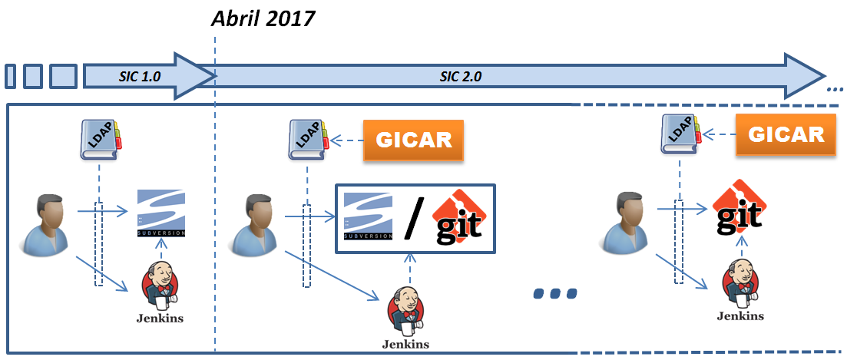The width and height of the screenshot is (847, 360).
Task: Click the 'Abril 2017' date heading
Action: (x=263, y=18)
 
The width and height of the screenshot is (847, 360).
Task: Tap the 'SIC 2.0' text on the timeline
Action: (x=460, y=77)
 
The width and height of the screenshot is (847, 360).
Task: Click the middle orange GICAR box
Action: (x=414, y=140)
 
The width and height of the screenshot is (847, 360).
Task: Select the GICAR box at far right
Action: (x=786, y=134)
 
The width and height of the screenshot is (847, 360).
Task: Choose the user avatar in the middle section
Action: (x=254, y=225)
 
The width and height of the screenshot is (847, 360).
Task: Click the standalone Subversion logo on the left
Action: (x=161, y=213)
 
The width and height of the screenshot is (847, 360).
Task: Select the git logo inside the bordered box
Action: (x=458, y=219)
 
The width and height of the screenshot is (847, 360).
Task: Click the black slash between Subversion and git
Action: (x=413, y=220)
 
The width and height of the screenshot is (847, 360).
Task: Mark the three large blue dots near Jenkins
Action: (x=554, y=293)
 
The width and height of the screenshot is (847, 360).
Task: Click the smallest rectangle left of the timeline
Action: (x=11, y=77)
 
